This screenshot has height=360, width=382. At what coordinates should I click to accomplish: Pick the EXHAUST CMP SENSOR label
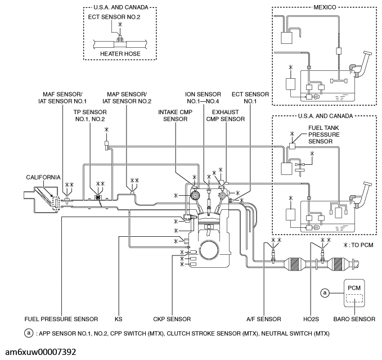(225, 115)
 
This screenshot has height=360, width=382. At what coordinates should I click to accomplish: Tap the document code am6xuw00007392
(42, 350)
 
